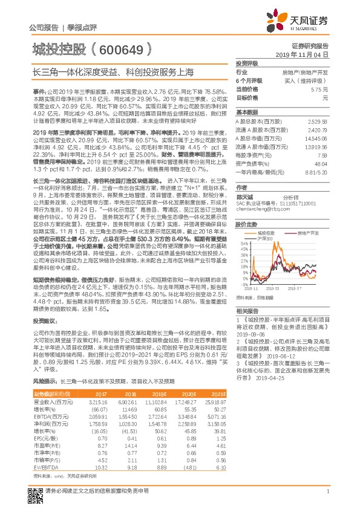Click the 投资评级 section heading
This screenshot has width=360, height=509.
pos(247,63)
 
